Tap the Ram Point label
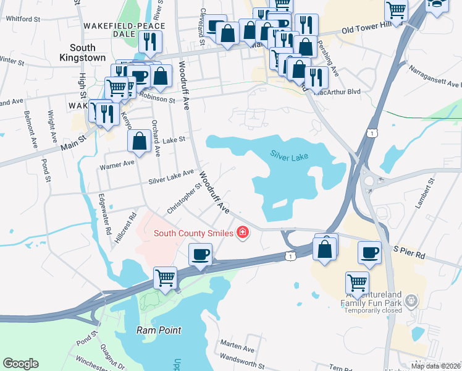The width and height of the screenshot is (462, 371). coord(159,330)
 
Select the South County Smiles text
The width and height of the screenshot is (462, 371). coord(193,233)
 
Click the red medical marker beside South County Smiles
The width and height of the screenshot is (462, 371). coord(243,232)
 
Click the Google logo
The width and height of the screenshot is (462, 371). coord(21,364)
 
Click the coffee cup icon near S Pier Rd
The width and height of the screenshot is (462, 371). coord(370,252)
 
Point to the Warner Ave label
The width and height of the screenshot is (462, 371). coord(117,164)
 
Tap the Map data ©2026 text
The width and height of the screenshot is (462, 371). coord(435,366)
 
